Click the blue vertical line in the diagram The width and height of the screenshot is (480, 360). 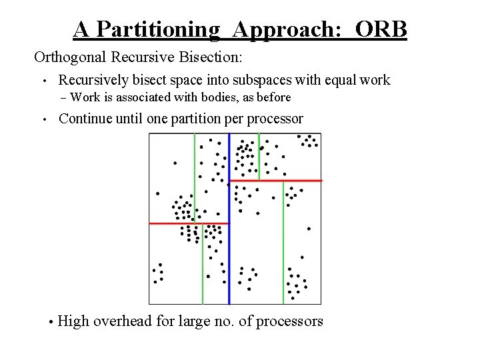tap(229, 220)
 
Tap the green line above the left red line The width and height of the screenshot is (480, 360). tap(195, 177)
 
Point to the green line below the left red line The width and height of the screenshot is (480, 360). tap(203, 267)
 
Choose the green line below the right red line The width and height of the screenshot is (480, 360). tap(283, 243)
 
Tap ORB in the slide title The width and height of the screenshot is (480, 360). tap(381, 29)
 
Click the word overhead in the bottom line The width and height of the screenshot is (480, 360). tap(122, 321)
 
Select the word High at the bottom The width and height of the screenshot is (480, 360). tap(73, 321)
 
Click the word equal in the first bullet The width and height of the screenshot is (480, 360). tap(340, 81)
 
